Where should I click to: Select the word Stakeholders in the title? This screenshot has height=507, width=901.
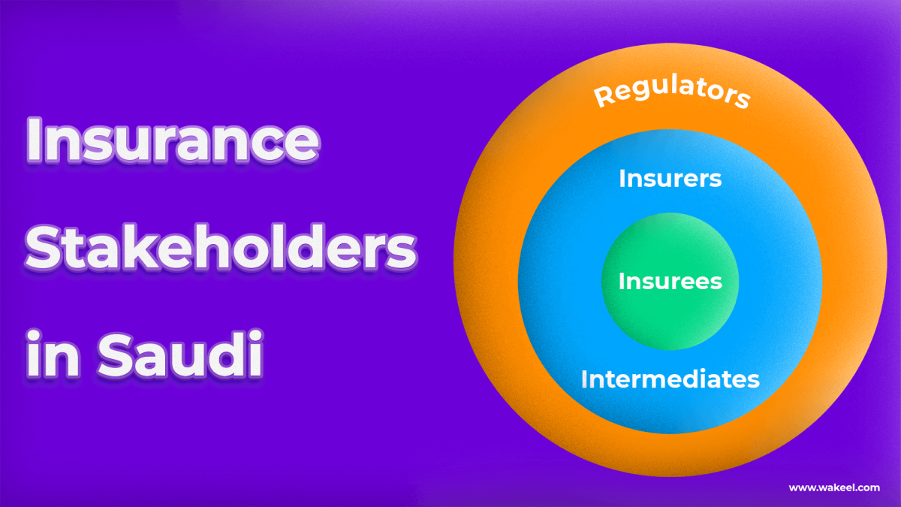221,248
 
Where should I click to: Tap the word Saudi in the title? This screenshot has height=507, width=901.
181,352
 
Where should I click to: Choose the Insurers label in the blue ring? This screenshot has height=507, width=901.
670,179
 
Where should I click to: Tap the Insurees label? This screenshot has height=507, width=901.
670,282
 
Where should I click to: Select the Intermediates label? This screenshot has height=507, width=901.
670,379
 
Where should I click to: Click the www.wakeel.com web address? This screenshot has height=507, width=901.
833,487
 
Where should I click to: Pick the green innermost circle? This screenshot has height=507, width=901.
670,315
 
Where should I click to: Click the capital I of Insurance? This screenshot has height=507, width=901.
34,142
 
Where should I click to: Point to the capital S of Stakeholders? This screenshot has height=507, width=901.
47,249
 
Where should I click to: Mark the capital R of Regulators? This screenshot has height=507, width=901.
602,97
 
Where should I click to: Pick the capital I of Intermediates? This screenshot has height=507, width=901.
585,379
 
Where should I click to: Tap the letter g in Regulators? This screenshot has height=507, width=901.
638,89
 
